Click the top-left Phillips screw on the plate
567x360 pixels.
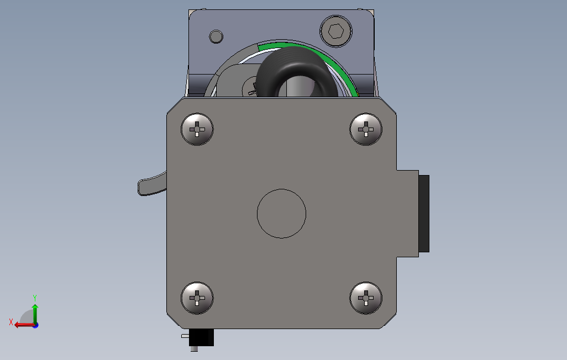point(197,129)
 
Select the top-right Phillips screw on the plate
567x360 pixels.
point(366,129)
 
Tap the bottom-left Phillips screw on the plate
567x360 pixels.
point(197,298)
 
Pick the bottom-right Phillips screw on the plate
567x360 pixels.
point(366,298)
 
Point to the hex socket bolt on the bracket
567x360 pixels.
point(336,31)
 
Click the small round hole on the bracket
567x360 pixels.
point(216,36)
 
